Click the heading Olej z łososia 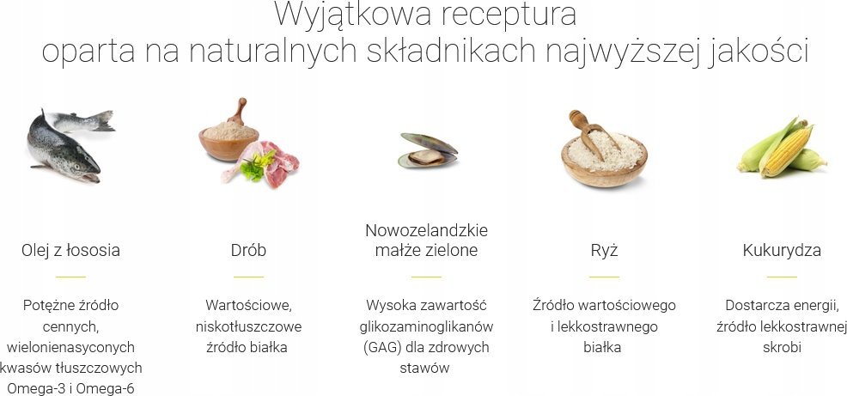click(70, 250)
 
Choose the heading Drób click(248, 250)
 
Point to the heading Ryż click(604, 251)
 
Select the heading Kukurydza click(782, 251)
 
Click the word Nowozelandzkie click(426, 230)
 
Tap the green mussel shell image click(428, 150)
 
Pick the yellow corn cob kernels click(787, 150)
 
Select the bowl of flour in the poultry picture click(229, 141)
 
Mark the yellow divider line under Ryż click(604, 277)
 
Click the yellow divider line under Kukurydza click(782, 277)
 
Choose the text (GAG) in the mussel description click(381, 347)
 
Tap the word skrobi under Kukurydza click(782, 347)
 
